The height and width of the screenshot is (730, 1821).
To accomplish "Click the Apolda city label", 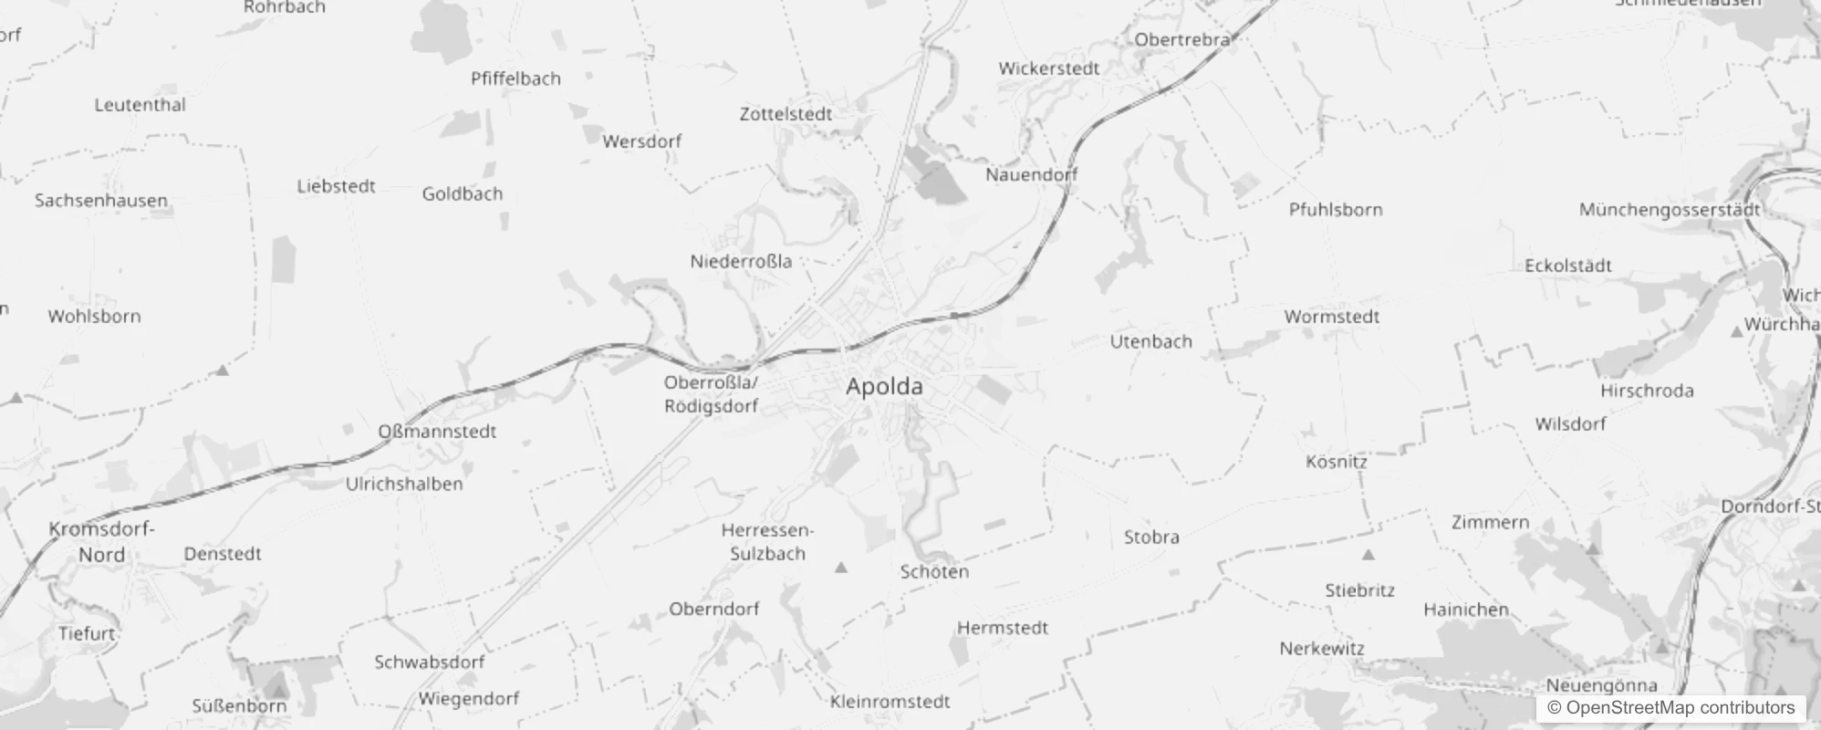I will pos(884,387).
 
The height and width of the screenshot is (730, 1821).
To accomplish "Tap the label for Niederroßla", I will pos(741,262).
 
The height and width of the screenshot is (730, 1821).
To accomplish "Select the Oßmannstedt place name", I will pos(437,432).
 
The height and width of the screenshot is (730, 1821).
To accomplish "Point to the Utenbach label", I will pos(1150,342).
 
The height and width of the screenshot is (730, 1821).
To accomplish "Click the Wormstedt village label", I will pos(1331,318).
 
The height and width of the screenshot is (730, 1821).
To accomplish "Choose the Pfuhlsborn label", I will pos(1335,210).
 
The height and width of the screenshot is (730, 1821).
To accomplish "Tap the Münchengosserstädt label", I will pos(1670,210).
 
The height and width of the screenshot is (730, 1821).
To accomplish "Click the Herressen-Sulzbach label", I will pos(767,542).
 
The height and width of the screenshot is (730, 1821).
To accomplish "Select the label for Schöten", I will pos(934,572).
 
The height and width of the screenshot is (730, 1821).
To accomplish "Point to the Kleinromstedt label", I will pos(890,702).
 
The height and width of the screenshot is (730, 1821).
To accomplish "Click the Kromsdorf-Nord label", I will pos(101,542).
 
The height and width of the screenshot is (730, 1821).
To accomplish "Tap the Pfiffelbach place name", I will pos(515,79).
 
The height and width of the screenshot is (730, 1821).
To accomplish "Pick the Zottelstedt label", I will pos(786,115).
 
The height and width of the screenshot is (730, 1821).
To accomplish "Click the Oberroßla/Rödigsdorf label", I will pos(711,394).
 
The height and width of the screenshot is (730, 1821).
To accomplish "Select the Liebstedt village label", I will pos(336,187).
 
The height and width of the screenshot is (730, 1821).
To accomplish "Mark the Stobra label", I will pos(1151,537).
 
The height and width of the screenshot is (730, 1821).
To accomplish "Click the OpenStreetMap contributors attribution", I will pos(1670,708).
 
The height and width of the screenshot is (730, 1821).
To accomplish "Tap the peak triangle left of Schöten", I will pos(841,568).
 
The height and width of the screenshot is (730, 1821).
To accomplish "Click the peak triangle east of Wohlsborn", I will pos(222,370).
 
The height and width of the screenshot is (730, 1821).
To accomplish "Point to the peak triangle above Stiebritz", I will pos(1368,554).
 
